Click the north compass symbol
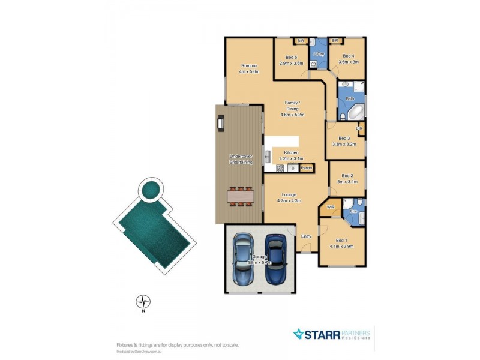pos(143,301)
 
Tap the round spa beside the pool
pos(149,190)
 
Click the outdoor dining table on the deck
pos(241,196)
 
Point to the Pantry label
pos(307,168)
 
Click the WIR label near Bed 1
pos(330,207)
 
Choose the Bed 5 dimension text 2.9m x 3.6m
pos(292,62)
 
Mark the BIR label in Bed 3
pos(359,128)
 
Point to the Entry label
pos(306,236)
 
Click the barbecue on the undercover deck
pos(221,123)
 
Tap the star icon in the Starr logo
pos(298,334)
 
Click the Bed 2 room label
pos(347,176)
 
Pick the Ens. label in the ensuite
pos(353,211)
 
